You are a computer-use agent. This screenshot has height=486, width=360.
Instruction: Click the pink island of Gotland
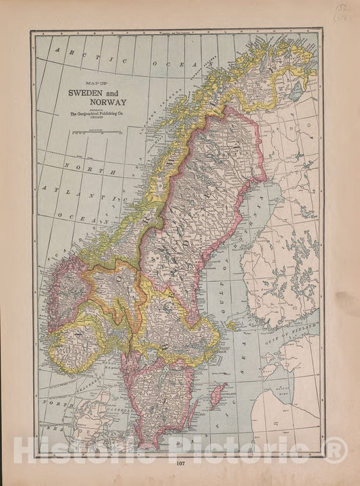(217, 395)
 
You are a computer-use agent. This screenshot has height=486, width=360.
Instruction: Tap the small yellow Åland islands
(233, 326)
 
